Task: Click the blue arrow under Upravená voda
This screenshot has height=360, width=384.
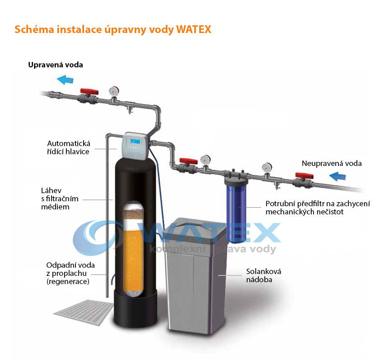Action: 65,80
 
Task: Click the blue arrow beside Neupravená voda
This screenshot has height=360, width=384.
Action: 337,176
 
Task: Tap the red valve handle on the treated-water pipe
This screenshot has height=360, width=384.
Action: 89,91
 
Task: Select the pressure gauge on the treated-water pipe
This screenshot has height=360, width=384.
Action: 114,91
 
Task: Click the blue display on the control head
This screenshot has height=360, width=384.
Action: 136,142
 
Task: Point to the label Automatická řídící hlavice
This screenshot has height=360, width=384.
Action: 69,147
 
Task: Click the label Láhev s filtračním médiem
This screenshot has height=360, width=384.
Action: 60,199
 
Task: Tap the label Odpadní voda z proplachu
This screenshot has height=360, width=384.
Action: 70,269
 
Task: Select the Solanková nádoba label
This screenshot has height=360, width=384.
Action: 263,275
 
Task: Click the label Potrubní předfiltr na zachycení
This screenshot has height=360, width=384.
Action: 318,204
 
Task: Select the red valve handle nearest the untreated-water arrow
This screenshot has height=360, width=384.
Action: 304,175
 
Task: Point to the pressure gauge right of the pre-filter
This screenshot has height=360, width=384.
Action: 267,168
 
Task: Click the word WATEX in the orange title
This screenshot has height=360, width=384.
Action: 194,29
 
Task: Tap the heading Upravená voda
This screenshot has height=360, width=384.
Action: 56,65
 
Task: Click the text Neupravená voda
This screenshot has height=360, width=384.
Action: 332,163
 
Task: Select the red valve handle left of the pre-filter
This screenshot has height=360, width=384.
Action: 188,161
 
